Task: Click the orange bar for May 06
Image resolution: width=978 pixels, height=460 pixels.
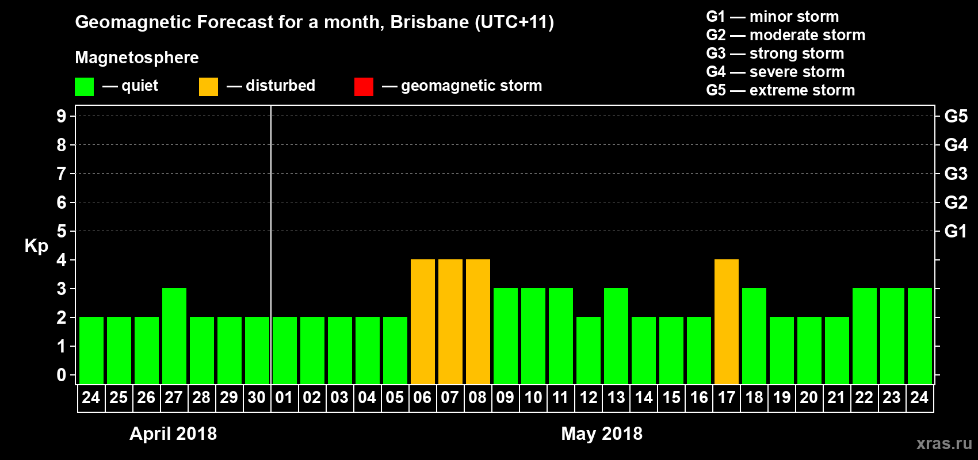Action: (x=423, y=321)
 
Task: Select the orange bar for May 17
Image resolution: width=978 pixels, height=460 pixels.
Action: (x=727, y=321)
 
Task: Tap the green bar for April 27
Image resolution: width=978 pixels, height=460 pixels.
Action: (x=174, y=336)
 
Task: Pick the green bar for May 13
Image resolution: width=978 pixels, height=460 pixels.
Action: (x=616, y=336)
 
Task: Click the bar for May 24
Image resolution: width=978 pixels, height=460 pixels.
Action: (x=920, y=336)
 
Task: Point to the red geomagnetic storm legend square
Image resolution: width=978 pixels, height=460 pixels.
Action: (x=364, y=87)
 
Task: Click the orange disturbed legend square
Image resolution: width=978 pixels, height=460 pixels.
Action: (x=208, y=87)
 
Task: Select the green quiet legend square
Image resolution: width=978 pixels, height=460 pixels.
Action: (x=85, y=87)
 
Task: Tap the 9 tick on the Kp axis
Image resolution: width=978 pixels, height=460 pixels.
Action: (x=62, y=116)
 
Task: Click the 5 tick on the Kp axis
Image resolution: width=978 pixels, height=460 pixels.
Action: (x=62, y=231)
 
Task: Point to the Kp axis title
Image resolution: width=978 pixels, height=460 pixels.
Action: (x=36, y=246)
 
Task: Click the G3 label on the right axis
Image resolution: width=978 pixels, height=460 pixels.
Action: (x=956, y=174)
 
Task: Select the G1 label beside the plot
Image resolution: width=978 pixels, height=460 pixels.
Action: (x=956, y=231)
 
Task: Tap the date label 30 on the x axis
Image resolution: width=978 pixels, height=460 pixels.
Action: (x=257, y=397)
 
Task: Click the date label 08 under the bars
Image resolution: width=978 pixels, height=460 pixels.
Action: (x=477, y=397)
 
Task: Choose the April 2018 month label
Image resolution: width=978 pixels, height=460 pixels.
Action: (x=173, y=434)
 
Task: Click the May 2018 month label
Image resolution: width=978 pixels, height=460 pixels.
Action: (x=602, y=434)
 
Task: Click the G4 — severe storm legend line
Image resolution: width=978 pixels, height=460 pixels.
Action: (x=775, y=72)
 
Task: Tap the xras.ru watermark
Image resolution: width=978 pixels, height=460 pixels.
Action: (x=944, y=443)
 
